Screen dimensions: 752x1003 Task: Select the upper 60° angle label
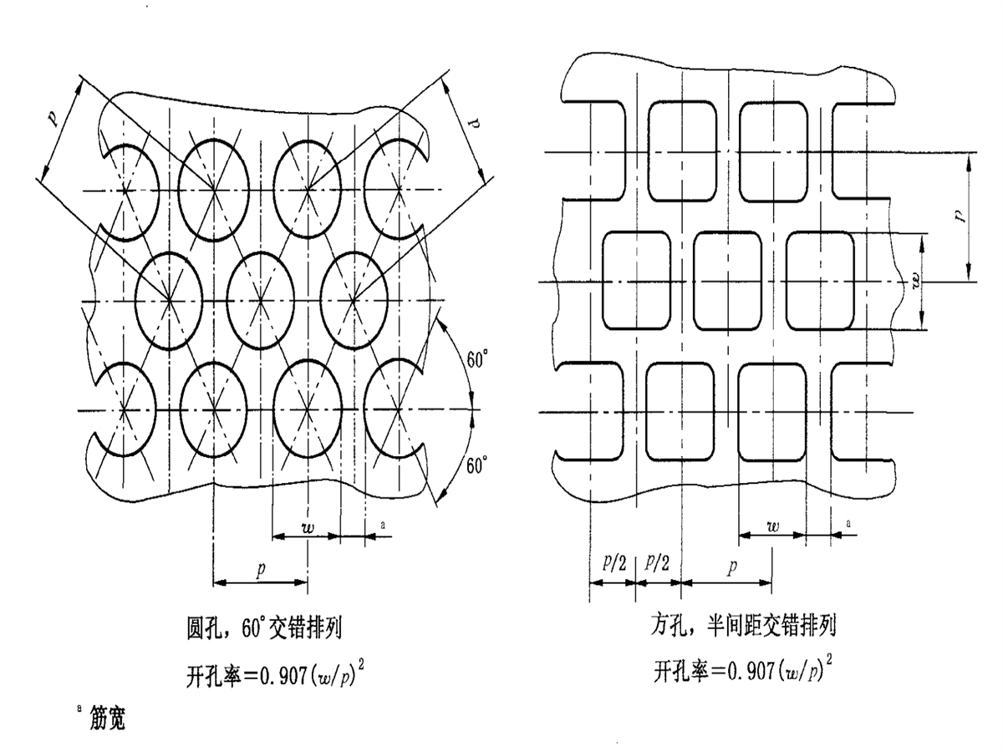(x=477, y=361)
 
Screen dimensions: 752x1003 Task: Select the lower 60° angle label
(x=476, y=466)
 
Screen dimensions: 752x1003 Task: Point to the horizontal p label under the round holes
(x=261, y=570)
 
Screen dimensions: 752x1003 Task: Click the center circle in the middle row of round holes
(x=262, y=299)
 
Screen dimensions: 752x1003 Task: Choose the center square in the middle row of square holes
(x=728, y=280)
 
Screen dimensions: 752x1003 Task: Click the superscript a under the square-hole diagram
(x=848, y=523)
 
